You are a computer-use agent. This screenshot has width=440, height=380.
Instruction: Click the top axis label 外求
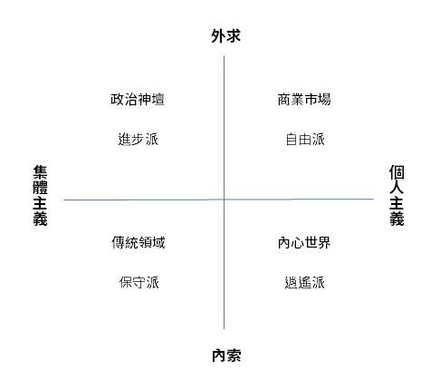(225, 36)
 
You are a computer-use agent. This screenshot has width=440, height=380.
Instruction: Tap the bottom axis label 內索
(226, 356)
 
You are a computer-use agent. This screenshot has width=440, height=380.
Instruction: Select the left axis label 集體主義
(40, 196)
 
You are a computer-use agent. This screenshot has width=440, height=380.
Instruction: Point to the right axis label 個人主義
(397, 196)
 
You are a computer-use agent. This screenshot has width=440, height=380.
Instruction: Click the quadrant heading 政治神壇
(138, 100)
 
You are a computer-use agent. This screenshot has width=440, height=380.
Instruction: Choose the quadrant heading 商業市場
(304, 100)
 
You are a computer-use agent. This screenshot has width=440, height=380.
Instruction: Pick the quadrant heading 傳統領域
(139, 242)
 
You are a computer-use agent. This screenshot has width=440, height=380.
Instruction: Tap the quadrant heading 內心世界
(304, 242)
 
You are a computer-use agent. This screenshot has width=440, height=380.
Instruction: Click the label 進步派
(139, 140)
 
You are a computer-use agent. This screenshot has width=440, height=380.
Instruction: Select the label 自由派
(305, 140)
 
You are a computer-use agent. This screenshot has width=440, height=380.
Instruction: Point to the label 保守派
(139, 282)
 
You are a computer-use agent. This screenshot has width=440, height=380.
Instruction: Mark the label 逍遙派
(305, 282)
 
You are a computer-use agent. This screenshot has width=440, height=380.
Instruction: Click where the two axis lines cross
(224, 200)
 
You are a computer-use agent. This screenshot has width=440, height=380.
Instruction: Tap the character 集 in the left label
(40, 172)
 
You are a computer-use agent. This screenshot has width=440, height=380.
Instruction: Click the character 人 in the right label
(397, 188)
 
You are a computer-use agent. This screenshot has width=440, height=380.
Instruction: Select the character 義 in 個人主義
(397, 219)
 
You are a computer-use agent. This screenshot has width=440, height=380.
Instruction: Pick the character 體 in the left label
(40, 188)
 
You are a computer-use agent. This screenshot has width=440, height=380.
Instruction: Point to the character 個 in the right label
(397, 172)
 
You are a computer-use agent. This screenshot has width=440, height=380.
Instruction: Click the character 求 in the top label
(234, 36)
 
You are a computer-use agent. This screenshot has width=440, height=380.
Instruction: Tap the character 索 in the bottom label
(234, 356)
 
